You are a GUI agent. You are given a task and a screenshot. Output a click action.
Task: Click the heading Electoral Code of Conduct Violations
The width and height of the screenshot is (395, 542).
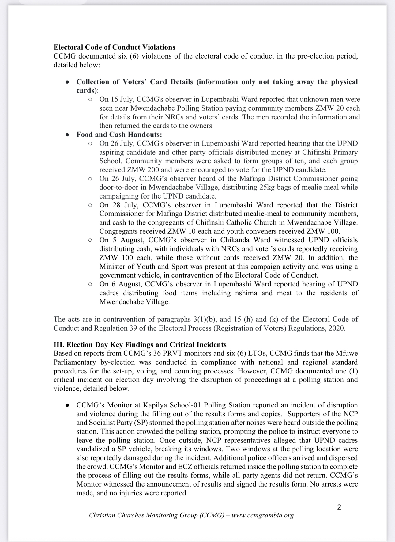(x=114, y=47)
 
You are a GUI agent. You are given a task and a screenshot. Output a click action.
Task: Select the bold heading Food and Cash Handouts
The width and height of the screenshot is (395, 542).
(x=119, y=135)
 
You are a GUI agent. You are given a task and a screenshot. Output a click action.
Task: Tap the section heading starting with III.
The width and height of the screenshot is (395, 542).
(x=140, y=344)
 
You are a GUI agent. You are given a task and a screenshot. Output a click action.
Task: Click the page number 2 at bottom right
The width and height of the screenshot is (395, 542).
(x=339, y=507)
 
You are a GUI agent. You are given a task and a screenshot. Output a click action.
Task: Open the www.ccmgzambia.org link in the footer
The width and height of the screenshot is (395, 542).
(x=263, y=515)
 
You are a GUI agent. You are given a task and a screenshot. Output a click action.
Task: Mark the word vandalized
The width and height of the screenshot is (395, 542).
(x=94, y=449)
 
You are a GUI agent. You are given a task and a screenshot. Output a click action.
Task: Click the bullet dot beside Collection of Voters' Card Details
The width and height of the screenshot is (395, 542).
(x=67, y=82)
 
